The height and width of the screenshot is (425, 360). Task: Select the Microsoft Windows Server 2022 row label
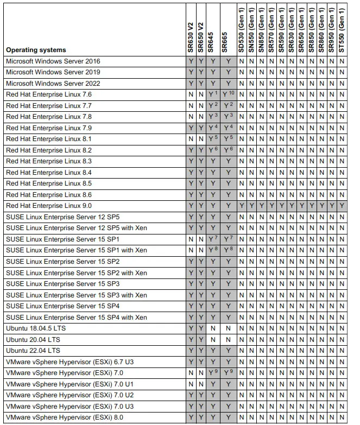(53, 84)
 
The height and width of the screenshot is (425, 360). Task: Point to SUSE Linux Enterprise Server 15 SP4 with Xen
(76, 317)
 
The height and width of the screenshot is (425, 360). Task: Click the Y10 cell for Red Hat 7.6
(228, 94)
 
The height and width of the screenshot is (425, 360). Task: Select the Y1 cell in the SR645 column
(213, 94)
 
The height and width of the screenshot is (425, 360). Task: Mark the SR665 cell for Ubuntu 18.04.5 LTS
(228, 328)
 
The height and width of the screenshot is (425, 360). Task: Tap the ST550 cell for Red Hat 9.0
(342, 206)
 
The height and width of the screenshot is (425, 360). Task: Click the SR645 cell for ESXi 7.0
(213, 373)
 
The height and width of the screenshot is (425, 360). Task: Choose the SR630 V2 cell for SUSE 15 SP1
(191, 239)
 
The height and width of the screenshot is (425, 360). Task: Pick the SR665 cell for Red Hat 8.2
(228, 150)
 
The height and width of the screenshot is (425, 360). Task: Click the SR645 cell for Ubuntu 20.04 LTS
(213, 339)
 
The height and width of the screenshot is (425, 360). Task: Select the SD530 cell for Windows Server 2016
(241, 61)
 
